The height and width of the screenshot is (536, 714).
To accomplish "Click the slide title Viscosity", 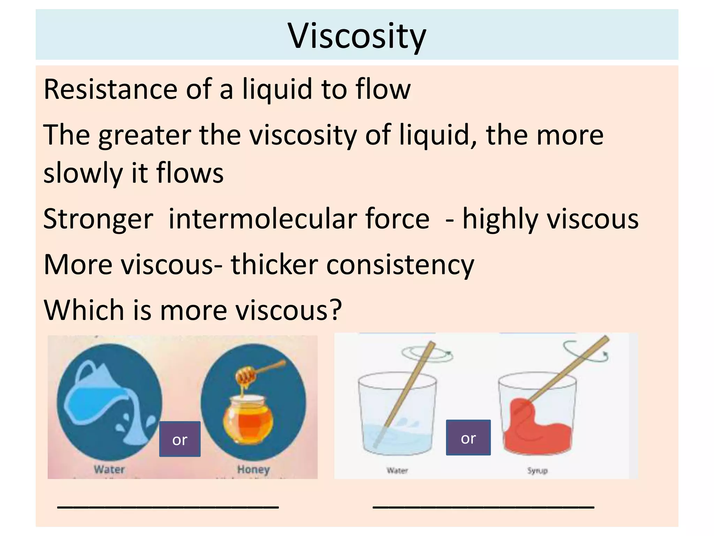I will [357, 36].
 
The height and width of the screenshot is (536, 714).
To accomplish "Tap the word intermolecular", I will [299, 219].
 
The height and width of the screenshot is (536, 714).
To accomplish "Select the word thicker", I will [274, 265].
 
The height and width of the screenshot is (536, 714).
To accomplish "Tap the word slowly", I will [83, 173].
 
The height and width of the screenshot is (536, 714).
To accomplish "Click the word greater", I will [145, 135].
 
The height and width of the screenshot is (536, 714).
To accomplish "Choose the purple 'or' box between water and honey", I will [180, 439].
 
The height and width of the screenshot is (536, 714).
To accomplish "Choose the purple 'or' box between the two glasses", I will [468, 438].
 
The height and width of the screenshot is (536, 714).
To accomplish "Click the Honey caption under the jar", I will [253, 469].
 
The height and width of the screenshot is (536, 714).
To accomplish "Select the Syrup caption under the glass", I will [537, 470].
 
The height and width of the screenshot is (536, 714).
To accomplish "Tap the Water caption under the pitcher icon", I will [109, 469].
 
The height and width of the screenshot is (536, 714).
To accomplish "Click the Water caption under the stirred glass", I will [397, 470].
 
